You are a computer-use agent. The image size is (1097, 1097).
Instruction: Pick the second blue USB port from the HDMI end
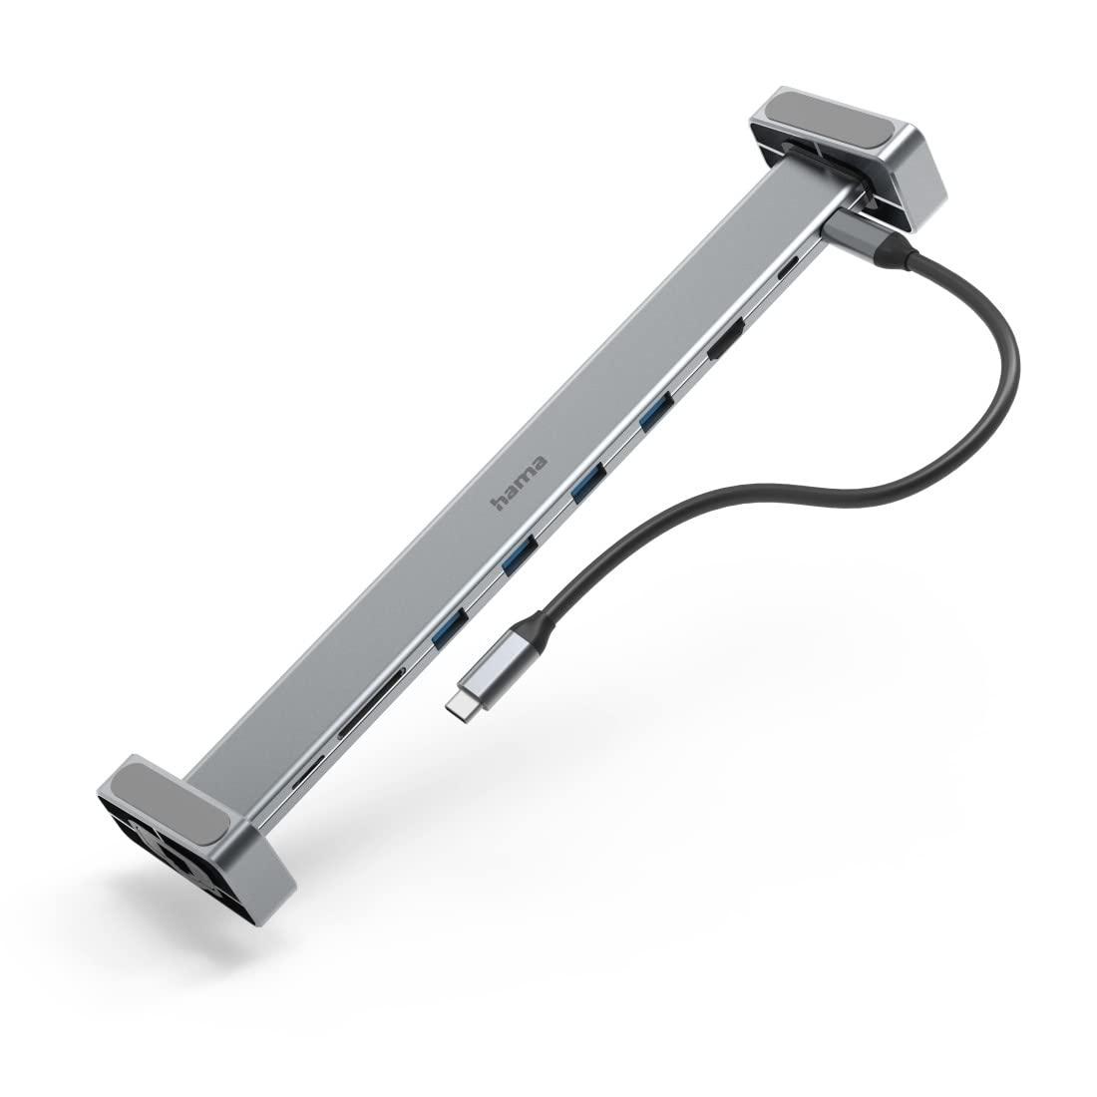(588, 484)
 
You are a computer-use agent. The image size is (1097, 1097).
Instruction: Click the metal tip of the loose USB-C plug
(459, 704)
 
